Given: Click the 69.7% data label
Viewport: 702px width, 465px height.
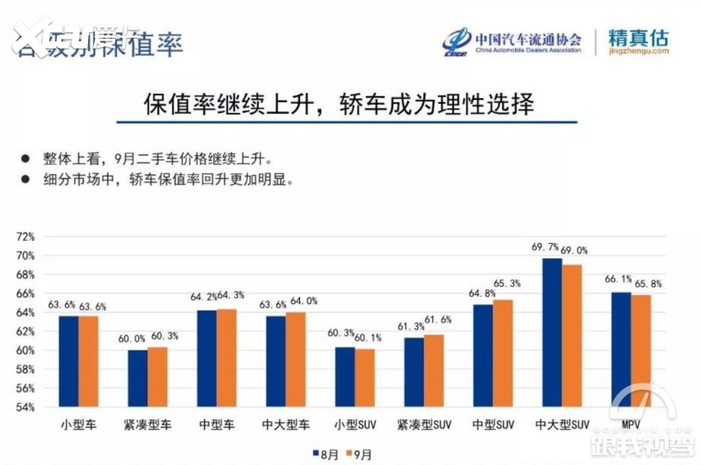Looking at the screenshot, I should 545,247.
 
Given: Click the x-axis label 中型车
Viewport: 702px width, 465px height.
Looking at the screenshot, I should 216,425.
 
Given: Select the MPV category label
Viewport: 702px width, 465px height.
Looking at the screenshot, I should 632,425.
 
